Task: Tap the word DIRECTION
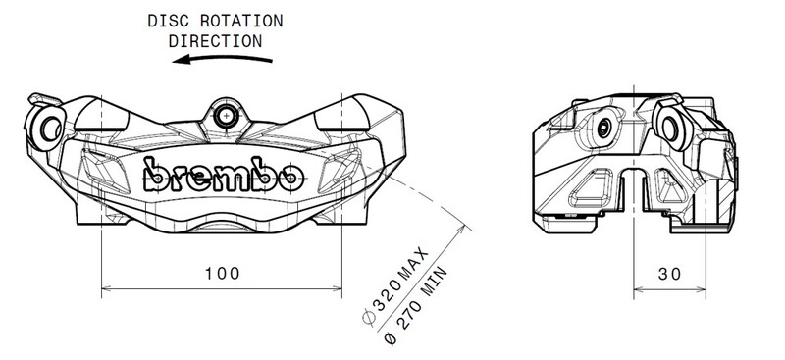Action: click(x=215, y=41)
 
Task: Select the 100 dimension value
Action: click(x=222, y=274)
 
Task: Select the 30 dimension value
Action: click(x=669, y=274)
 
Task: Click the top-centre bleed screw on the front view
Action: click(x=227, y=115)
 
